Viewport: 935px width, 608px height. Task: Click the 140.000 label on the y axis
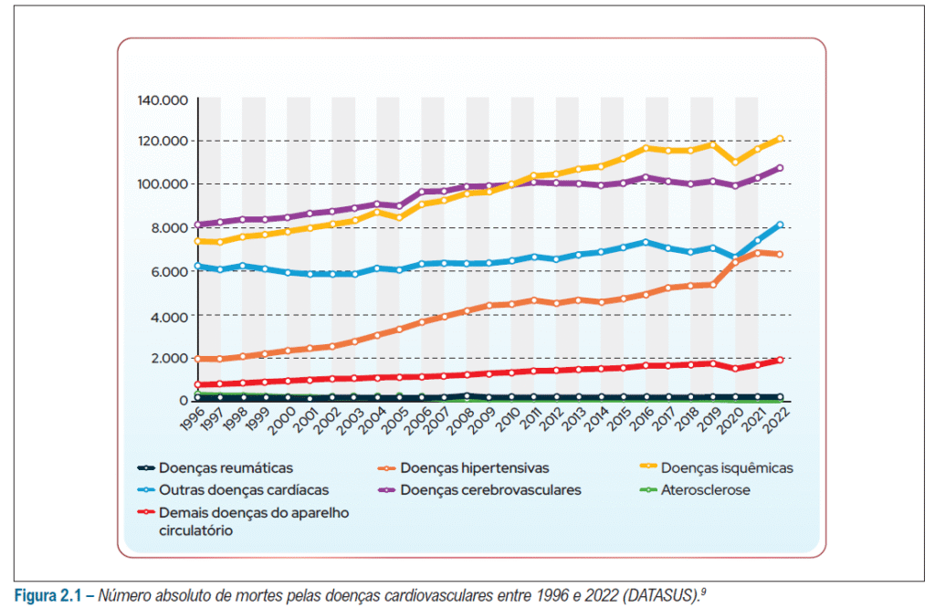click(x=161, y=100)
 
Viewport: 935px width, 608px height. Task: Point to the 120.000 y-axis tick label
click(x=161, y=141)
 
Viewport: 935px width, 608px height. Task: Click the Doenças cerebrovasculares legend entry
click(x=490, y=490)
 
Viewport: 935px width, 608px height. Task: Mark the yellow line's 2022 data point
click(x=780, y=139)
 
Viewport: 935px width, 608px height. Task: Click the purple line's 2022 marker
click(x=780, y=168)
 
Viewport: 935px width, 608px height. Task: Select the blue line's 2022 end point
click(x=780, y=225)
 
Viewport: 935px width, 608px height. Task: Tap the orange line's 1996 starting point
click(x=199, y=359)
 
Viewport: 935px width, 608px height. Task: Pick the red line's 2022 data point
click(x=780, y=360)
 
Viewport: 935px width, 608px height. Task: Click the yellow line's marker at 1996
click(x=199, y=241)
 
